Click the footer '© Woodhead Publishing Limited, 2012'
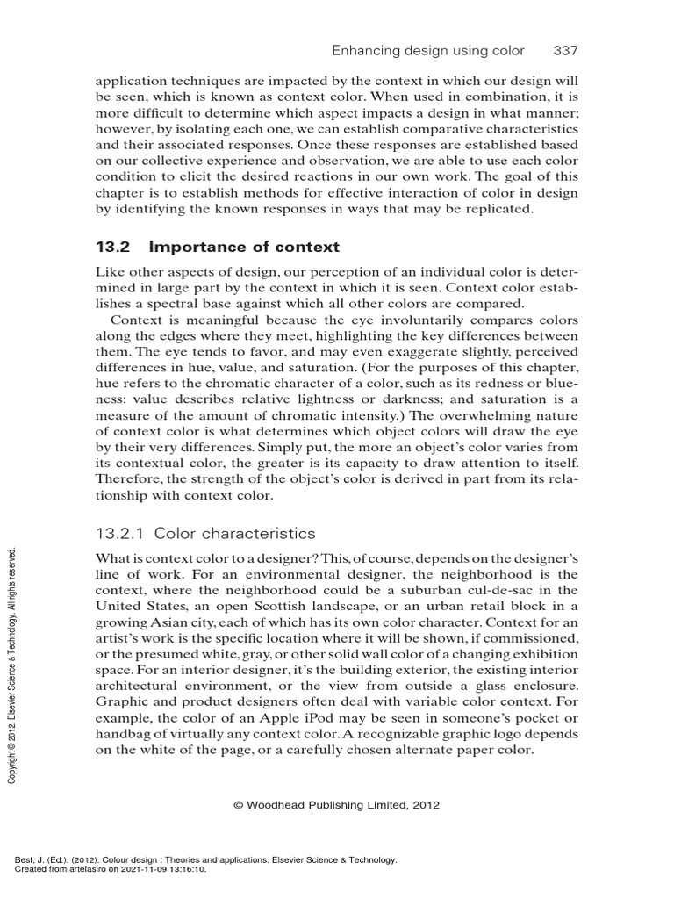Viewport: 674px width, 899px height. [337, 804]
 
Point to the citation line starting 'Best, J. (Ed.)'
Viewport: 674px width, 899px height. [202, 859]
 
